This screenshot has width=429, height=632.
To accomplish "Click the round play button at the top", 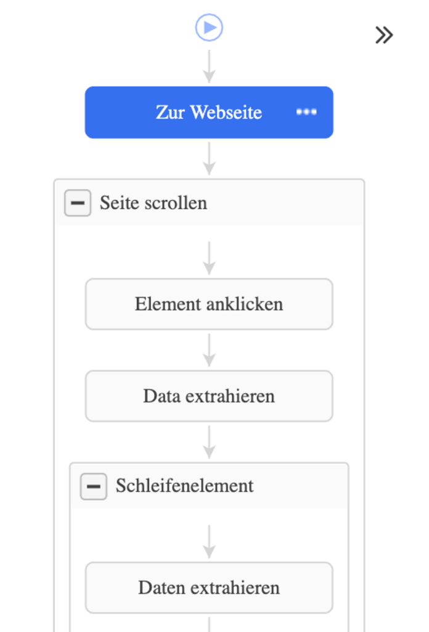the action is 209,27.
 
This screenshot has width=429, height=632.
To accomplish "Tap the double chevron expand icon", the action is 384,35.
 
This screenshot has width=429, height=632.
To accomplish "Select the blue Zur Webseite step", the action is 209,112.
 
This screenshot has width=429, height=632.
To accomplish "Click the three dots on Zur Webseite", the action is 306,112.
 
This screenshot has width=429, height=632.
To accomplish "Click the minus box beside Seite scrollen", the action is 78,202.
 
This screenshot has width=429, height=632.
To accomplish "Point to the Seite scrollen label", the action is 153,202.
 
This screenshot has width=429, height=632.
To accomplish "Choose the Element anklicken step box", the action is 209,304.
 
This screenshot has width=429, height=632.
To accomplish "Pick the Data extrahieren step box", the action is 209,396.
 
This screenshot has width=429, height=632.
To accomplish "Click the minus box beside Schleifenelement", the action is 93,486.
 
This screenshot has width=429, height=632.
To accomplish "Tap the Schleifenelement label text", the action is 185,486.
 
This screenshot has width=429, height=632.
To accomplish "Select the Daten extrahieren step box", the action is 209,588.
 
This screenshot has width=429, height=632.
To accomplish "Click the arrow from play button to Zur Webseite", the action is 209,67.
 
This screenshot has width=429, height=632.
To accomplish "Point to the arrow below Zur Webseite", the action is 209,159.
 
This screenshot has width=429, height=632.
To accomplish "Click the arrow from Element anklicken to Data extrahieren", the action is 209,350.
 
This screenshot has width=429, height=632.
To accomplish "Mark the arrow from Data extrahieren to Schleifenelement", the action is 209,442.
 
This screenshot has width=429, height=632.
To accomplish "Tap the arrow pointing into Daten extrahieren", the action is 209,542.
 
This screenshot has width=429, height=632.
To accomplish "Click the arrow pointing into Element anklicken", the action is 209,258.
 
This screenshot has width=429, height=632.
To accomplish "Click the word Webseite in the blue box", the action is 226,112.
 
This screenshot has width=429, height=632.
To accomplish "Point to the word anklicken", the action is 245,304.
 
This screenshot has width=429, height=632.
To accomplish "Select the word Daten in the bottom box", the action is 161,588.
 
